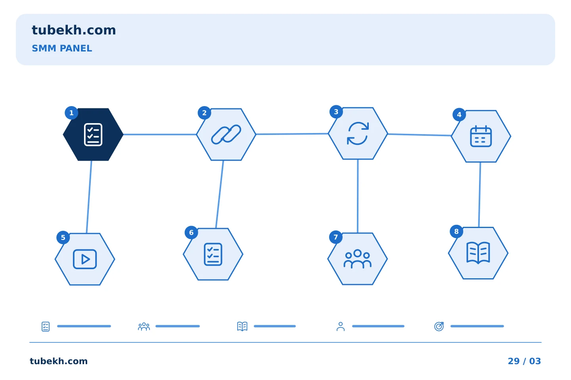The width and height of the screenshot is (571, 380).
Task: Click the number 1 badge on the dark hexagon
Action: (x=71, y=113)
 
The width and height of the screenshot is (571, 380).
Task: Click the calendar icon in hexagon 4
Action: (x=481, y=136)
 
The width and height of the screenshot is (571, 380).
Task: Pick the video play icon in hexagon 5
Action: (x=85, y=259)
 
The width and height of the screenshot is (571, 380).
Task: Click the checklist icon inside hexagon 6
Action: (x=213, y=254)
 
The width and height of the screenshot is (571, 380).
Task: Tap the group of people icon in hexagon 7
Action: (x=357, y=259)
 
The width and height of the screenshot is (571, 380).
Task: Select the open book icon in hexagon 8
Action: (x=478, y=253)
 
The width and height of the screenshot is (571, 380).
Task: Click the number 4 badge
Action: (x=459, y=114)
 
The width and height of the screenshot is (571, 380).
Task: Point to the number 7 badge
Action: (x=336, y=237)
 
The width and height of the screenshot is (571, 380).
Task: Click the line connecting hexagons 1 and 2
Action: (x=160, y=135)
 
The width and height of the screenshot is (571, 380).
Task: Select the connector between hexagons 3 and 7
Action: (x=358, y=196)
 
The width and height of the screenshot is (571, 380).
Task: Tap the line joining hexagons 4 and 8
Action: (x=479, y=194)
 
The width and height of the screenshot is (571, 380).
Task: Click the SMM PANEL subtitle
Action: (x=62, y=48)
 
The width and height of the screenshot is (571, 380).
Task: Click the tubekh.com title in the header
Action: (x=74, y=30)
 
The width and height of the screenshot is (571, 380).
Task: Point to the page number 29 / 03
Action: (x=524, y=361)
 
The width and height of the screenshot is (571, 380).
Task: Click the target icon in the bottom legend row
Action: (x=439, y=326)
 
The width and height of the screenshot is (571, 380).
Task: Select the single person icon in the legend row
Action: (x=341, y=326)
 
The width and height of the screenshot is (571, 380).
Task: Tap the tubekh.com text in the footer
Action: (x=59, y=361)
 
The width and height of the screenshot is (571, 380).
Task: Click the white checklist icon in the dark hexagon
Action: (x=93, y=135)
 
